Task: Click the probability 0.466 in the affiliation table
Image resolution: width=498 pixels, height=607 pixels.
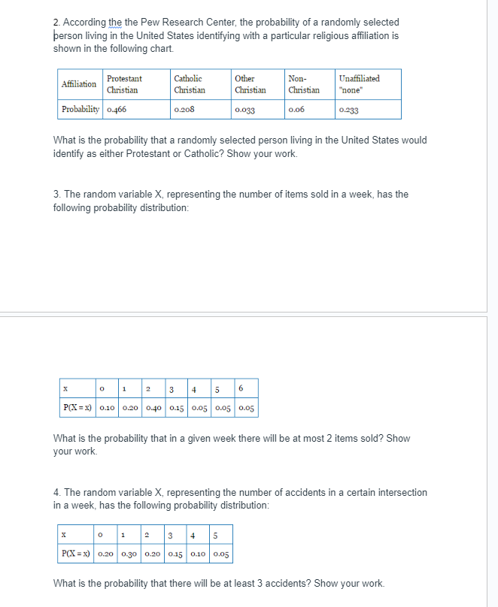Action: tap(117, 110)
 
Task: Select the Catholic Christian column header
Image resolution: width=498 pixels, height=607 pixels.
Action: tap(189, 84)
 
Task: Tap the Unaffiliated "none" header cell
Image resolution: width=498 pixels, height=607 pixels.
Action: tap(359, 84)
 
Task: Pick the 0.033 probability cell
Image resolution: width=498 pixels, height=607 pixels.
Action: tap(245, 110)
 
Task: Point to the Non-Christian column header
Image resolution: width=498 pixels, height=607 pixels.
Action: tap(303, 84)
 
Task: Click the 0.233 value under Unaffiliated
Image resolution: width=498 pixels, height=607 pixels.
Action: tap(349, 110)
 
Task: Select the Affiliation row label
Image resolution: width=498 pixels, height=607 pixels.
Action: tap(79, 84)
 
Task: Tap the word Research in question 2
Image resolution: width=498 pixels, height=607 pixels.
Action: tap(163, 23)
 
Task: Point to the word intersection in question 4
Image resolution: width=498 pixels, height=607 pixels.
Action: tap(396, 493)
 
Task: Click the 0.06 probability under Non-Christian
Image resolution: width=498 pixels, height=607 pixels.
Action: tap(296, 110)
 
